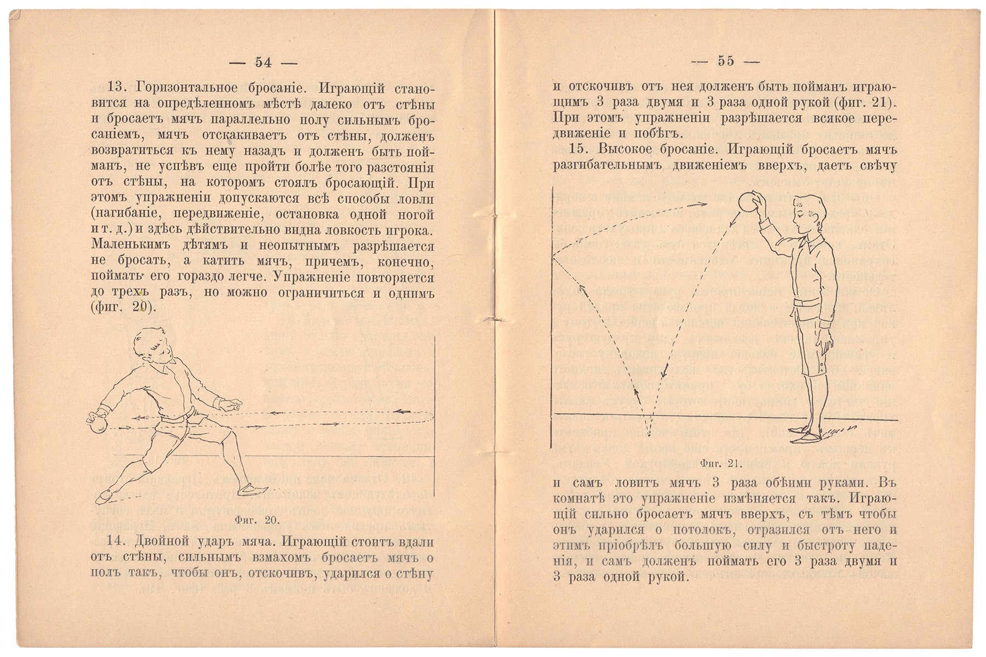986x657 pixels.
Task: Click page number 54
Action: click(x=263, y=62)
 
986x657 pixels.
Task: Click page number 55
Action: click(x=726, y=61)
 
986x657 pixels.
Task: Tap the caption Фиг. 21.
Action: click(x=721, y=463)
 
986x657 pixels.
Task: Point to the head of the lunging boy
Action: click(x=151, y=344)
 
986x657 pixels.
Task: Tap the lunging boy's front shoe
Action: click(x=255, y=488)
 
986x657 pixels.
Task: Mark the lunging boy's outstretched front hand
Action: click(x=233, y=406)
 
